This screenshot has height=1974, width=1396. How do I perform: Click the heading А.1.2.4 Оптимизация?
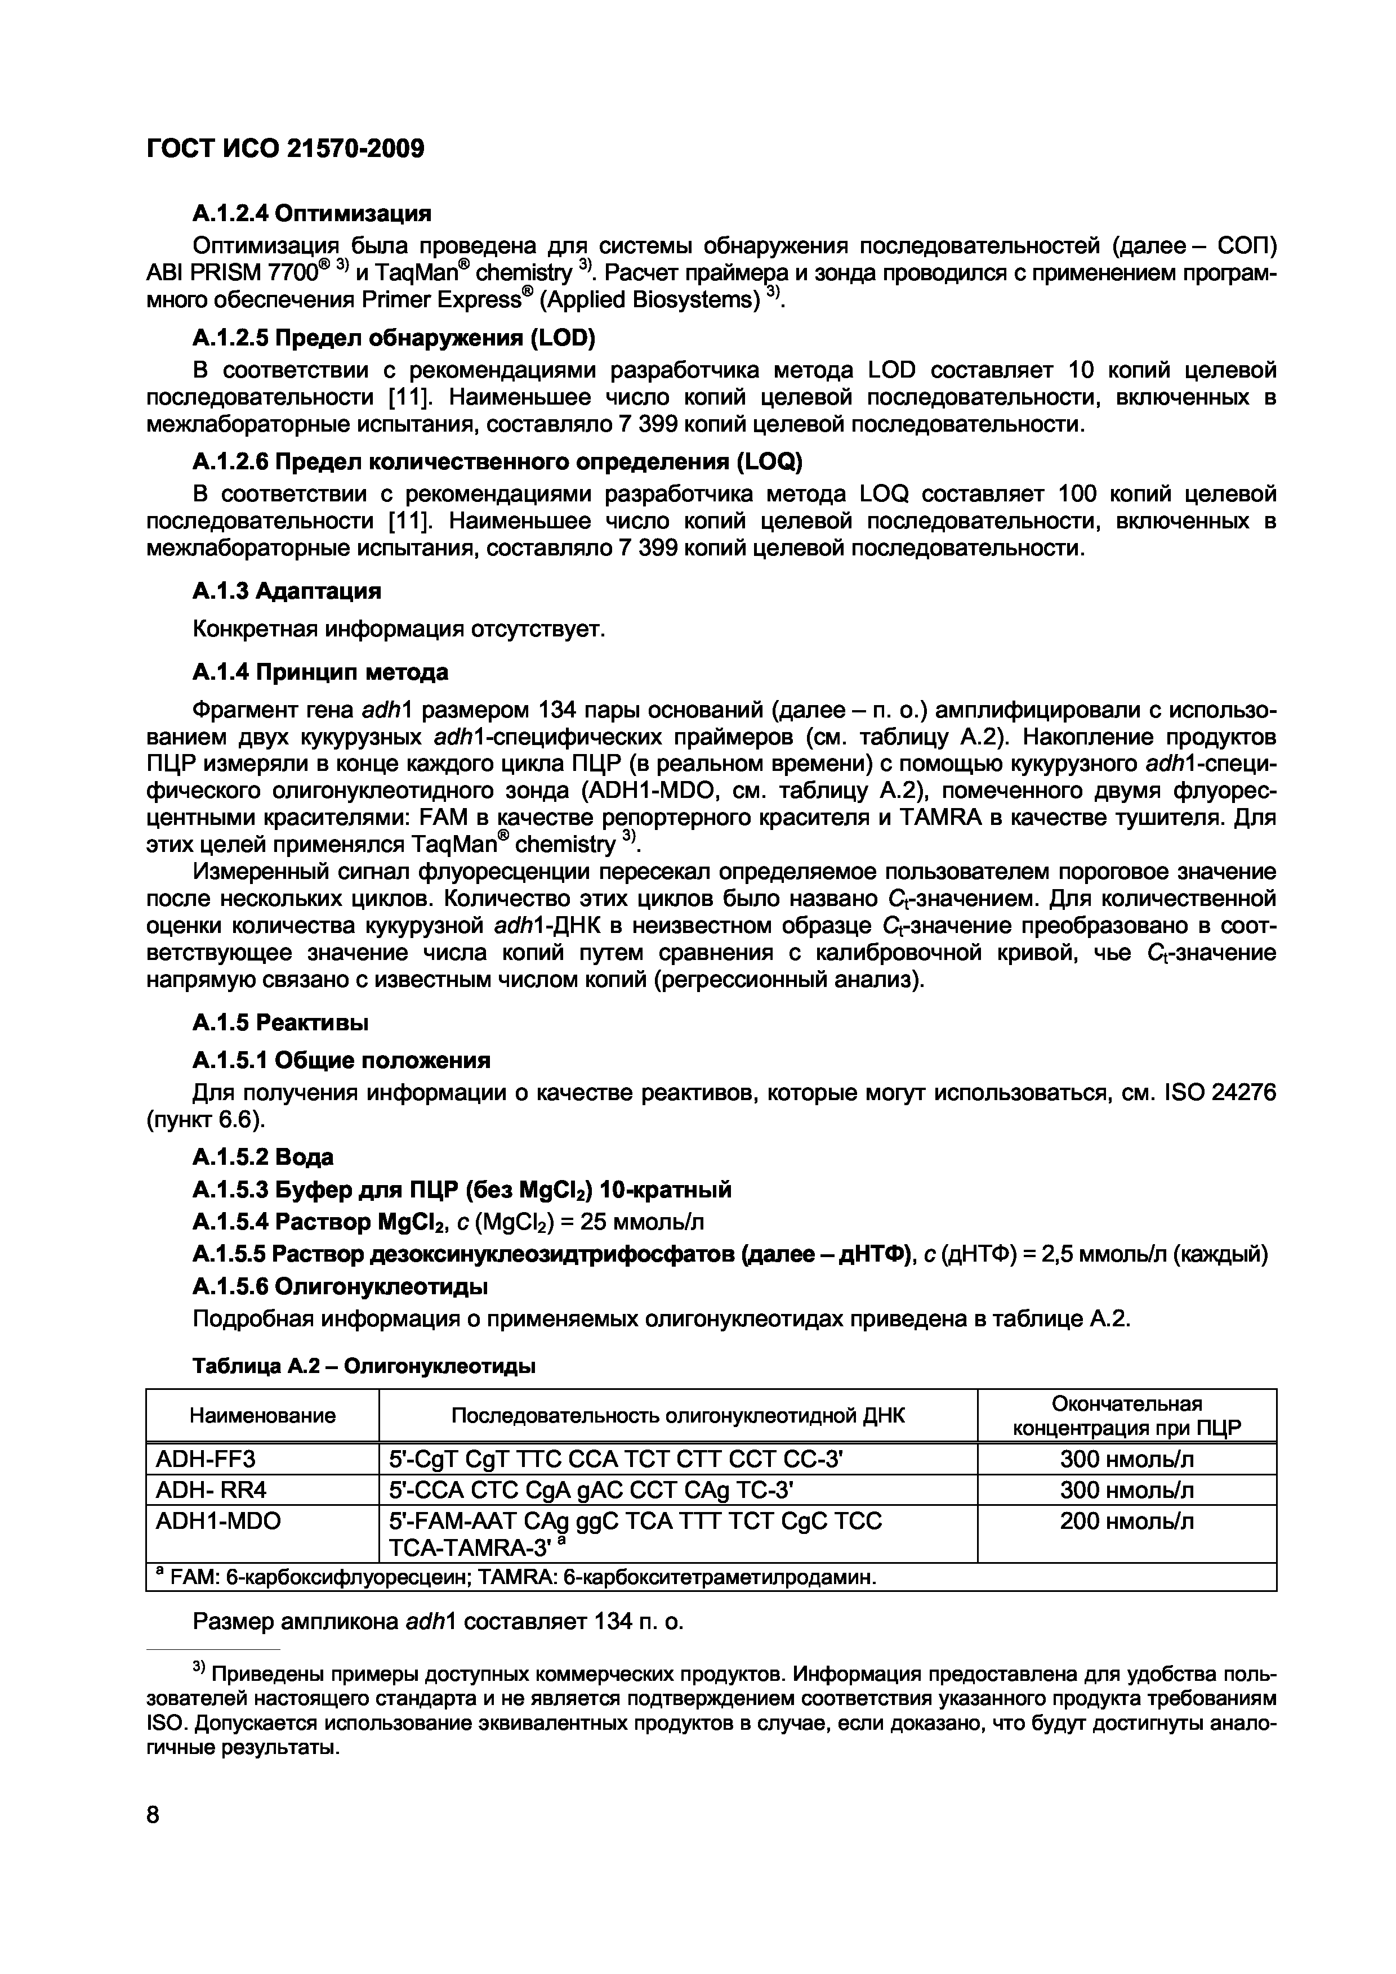[311, 212]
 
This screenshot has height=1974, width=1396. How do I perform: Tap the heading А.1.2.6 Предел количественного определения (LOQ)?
[497, 463]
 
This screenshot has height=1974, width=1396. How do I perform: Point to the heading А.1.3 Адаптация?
[287, 591]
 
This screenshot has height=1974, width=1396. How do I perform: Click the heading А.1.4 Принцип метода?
[320, 671]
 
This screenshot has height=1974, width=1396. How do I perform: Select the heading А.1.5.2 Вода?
[262, 1156]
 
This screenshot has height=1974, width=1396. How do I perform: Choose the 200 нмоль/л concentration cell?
[1126, 1521]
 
